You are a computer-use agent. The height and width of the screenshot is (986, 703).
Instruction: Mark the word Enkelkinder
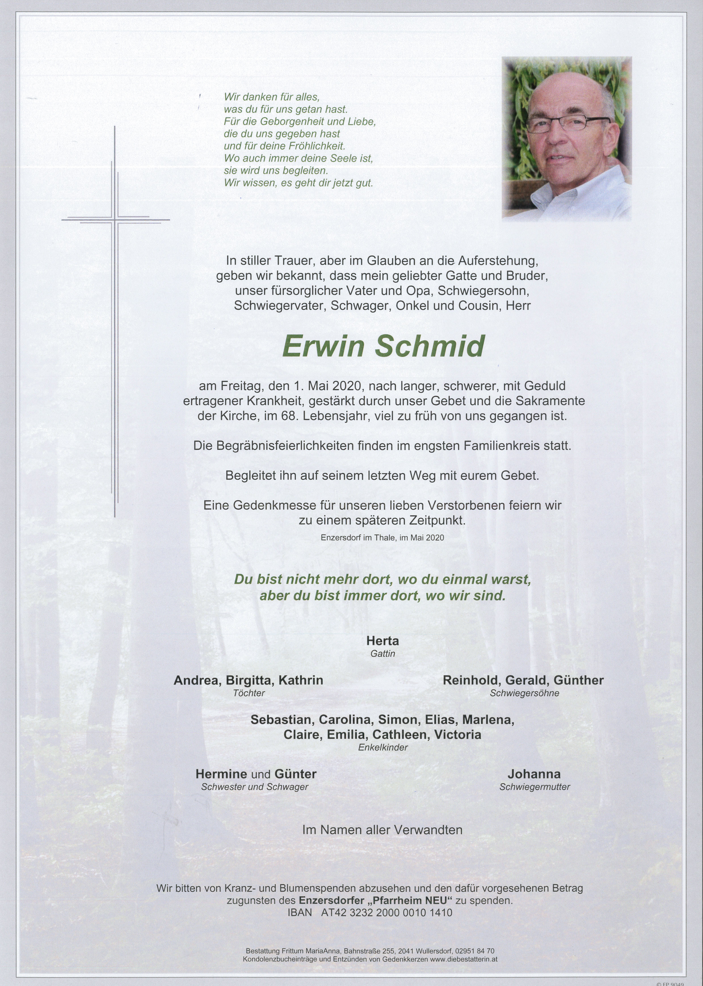pyautogui.click(x=383, y=747)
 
